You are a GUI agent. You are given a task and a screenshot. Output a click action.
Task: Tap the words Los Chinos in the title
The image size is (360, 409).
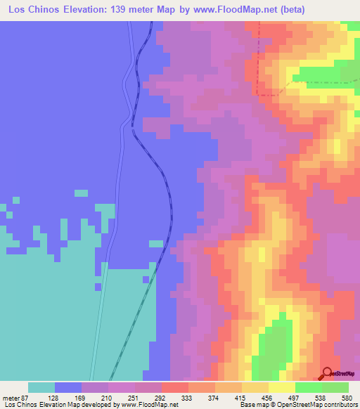point(30,10)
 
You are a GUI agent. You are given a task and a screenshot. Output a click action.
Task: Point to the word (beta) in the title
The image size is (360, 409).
point(292,10)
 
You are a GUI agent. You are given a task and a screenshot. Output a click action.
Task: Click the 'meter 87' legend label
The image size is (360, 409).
point(16,398)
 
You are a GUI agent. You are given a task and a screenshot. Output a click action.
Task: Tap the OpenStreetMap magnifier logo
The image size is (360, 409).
point(327,373)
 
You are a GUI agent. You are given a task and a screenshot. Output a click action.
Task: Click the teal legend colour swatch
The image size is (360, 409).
point(41,387)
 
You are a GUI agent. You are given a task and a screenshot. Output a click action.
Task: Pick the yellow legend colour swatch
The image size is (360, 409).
point(282,387)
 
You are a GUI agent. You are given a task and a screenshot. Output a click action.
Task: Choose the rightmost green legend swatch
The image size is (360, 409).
point(335,387)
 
